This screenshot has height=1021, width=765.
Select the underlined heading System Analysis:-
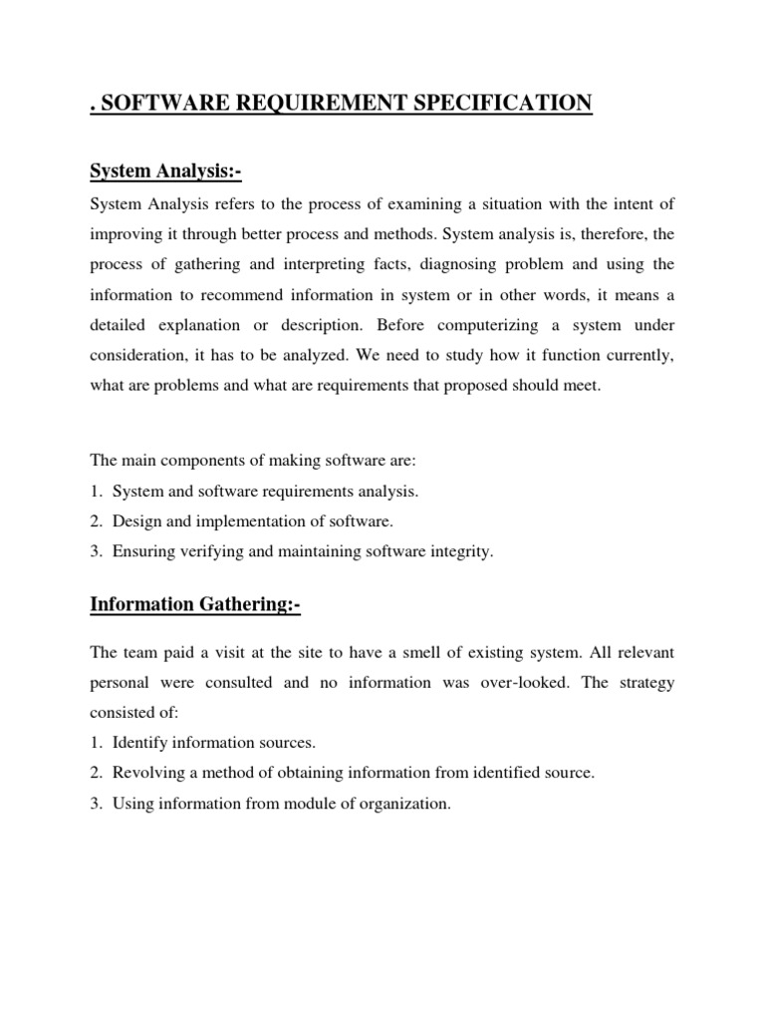tap(165, 172)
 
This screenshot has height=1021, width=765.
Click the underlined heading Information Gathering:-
tap(195, 603)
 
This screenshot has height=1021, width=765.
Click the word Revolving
tap(148, 773)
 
